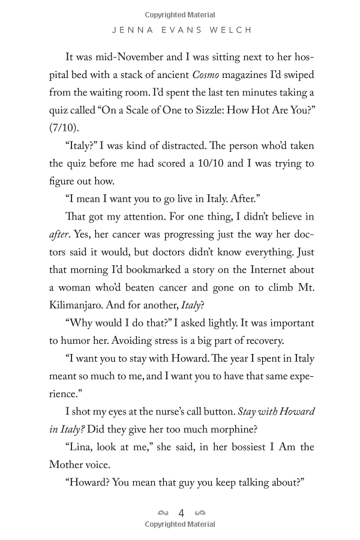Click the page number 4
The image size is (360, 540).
click(181, 513)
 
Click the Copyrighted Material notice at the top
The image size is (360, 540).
click(180, 14)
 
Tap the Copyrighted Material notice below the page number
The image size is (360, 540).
click(180, 524)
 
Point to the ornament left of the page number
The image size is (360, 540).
click(162, 513)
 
